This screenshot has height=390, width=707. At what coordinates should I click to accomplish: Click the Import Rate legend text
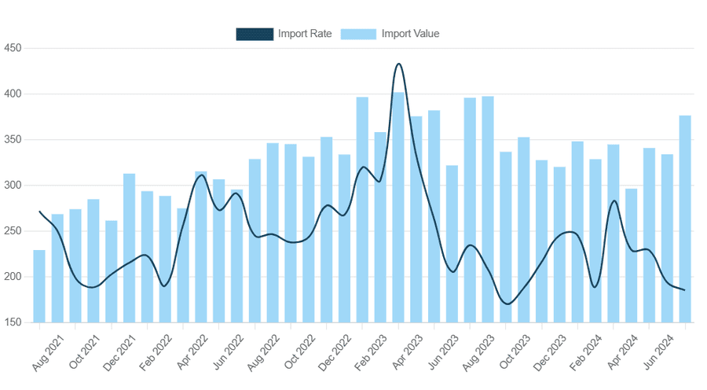click(x=305, y=34)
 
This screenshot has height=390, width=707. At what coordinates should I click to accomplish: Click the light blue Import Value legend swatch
click(x=359, y=34)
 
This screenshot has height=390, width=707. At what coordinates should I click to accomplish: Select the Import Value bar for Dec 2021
click(x=129, y=248)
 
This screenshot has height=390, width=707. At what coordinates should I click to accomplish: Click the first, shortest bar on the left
click(x=39, y=286)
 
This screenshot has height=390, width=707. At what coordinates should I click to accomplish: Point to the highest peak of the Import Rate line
click(x=399, y=64)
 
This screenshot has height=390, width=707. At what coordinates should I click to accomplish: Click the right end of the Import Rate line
click(x=684, y=290)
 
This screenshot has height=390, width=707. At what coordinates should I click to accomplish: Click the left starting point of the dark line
click(x=39, y=212)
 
